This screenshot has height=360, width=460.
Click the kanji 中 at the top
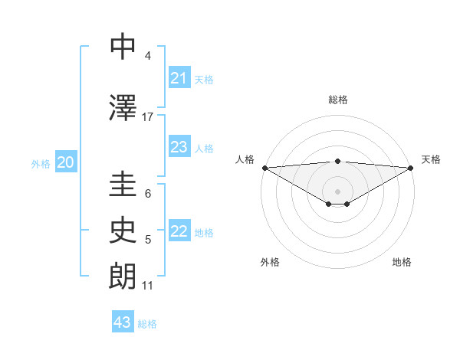click(x=123, y=47)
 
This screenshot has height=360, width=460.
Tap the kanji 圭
click(x=123, y=185)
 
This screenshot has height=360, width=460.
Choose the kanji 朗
click(x=123, y=277)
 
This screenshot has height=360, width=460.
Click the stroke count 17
click(x=148, y=116)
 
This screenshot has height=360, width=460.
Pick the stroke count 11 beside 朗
click(x=148, y=286)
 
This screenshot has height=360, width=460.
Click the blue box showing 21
click(x=179, y=78)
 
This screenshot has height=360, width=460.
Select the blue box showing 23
click(x=179, y=147)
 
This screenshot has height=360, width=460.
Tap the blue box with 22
click(x=179, y=232)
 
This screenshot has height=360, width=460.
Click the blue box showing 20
click(x=66, y=162)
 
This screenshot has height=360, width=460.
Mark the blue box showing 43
click(x=123, y=322)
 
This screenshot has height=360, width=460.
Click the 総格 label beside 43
click(x=147, y=324)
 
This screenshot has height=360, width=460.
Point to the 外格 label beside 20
click(x=41, y=163)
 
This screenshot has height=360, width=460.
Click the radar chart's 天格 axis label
click(x=431, y=159)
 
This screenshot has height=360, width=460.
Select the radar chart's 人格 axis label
click(x=245, y=159)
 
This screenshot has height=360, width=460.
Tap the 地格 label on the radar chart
click(x=402, y=262)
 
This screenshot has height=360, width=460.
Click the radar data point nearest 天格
click(x=410, y=168)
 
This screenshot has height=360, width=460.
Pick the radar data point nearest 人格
click(x=264, y=168)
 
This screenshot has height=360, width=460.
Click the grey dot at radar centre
click(x=337, y=191)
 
